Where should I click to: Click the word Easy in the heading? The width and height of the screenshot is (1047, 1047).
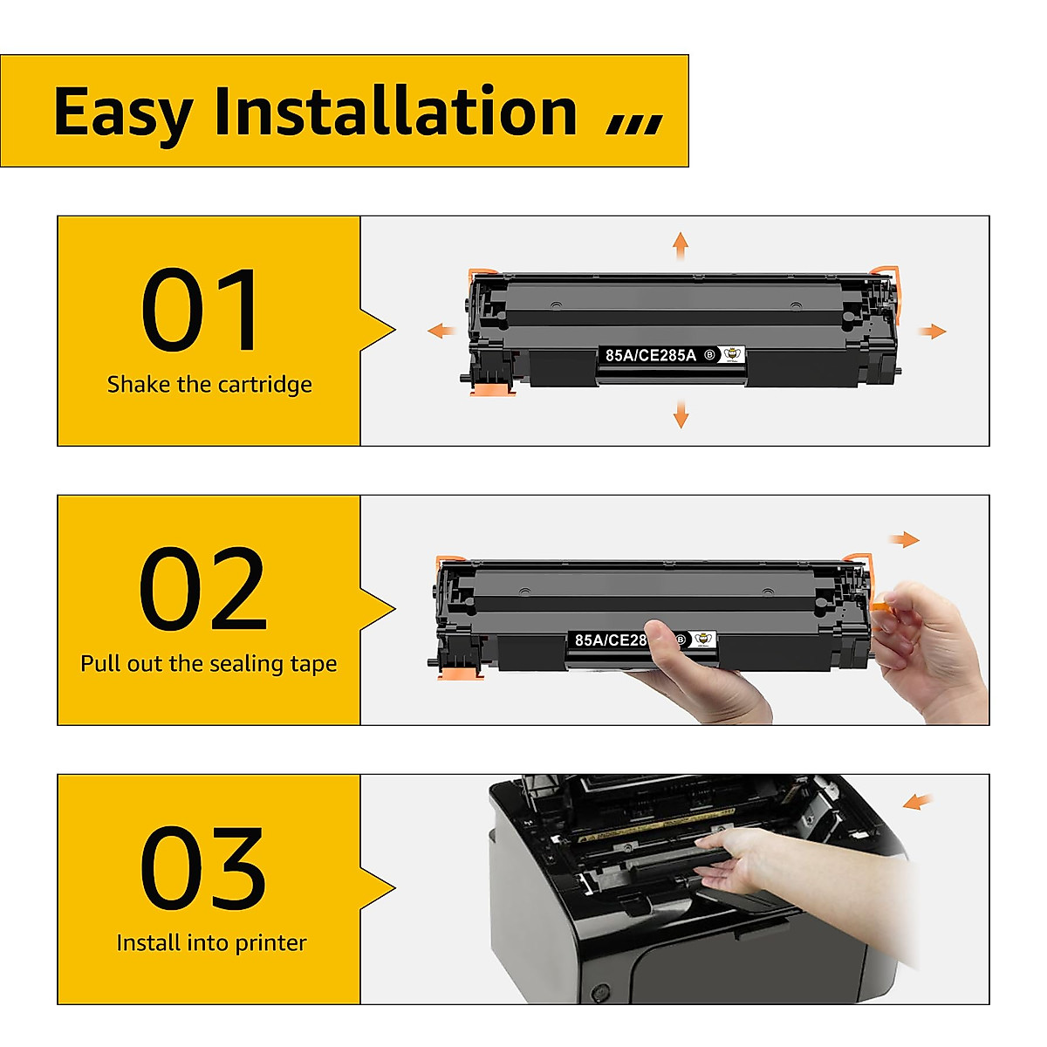coord(122,113)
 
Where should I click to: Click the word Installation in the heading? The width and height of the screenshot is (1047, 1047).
coord(395,112)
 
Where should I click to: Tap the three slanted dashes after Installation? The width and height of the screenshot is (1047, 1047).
coord(634,124)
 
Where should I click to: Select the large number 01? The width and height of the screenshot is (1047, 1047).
coord(202,311)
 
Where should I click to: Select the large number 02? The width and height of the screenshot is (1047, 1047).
coord(202,590)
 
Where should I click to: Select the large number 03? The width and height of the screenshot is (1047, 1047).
coord(202,869)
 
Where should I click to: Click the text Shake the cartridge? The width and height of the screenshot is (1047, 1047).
coord(209,385)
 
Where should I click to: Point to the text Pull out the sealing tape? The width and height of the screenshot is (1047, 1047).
coord(209,664)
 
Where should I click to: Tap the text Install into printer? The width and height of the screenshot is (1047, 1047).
coord(211,943)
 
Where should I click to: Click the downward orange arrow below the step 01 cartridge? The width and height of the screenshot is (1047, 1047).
coord(681,414)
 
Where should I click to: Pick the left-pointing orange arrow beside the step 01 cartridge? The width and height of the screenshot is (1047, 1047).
coord(441,331)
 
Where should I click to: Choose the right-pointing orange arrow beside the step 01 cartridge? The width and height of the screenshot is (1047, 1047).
coord(933,331)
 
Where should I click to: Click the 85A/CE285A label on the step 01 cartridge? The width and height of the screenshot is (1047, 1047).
coord(651,355)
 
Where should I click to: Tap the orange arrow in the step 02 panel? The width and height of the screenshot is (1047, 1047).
coord(905,539)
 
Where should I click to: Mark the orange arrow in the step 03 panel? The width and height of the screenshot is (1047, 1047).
coord(917,801)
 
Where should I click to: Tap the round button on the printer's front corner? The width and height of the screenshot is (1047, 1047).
coord(599,993)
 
